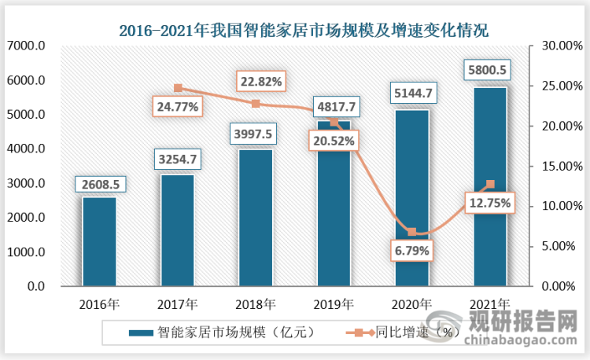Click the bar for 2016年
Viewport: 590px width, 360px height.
[x=99, y=241]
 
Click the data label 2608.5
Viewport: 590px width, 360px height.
[x=99, y=184]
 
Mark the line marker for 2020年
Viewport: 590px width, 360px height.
[x=412, y=232]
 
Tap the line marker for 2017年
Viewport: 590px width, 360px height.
[x=178, y=88]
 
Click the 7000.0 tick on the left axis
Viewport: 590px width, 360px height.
[x=26, y=46]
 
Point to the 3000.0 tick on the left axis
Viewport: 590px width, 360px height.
[x=26, y=184]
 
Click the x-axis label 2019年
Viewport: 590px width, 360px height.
[x=334, y=303]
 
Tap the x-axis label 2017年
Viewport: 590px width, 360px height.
[x=178, y=303]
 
